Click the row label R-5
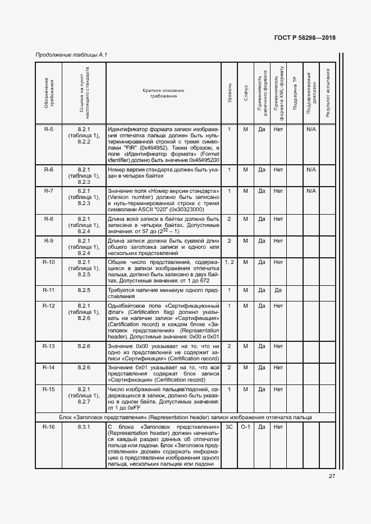click(x=49, y=129)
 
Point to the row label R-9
click(x=49, y=240)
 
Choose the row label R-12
click(x=49, y=305)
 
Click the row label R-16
click(x=49, y=427)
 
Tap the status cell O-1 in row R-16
click(x=245, y=427)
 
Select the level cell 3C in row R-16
click(x=229, y=427)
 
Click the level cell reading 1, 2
click(x=229, y=262)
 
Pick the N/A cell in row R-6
click(x=312, y=169)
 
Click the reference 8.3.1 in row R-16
click(x=84, y=427)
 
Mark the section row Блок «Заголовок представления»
click(x=185, y=418)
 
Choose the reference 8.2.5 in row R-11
click(x=84, y=290)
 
